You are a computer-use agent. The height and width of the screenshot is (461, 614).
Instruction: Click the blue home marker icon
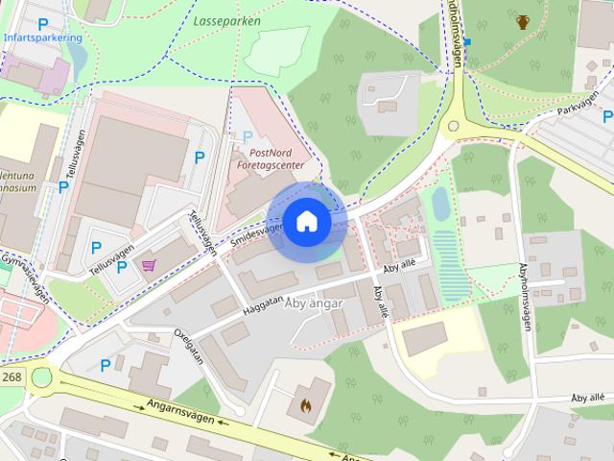click(306, 222)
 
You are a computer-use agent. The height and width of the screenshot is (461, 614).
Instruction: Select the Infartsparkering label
click(42, 38)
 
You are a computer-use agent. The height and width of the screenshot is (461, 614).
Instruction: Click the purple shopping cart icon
click(149, 265)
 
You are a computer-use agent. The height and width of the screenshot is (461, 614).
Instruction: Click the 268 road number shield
click(12, 377)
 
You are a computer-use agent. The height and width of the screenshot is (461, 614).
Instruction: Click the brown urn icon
click(522, 21)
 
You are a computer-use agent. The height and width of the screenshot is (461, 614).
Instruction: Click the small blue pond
click(440, 204)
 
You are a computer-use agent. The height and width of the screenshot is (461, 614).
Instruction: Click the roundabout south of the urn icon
click(454, 126)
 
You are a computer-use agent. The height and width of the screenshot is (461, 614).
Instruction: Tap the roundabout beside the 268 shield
click(40, 377)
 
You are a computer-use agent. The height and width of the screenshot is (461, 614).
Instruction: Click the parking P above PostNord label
click(248, 137)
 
